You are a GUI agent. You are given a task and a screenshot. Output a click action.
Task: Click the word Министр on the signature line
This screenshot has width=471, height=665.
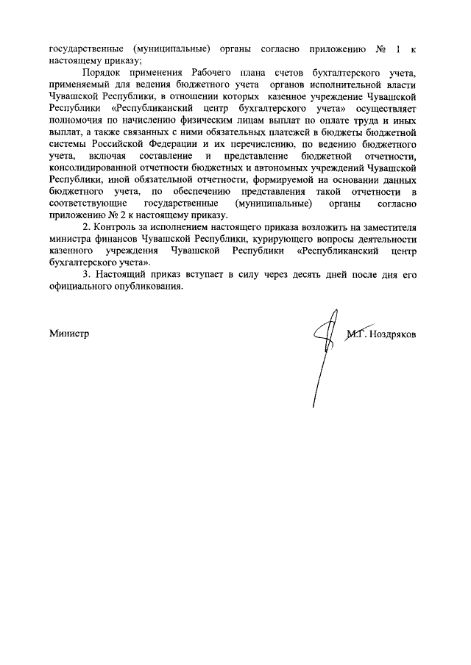(69, 333)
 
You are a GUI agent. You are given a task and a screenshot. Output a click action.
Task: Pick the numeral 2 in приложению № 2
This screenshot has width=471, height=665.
(115, 215)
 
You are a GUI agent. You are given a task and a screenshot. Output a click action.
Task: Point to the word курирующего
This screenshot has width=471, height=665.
(275, 239)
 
